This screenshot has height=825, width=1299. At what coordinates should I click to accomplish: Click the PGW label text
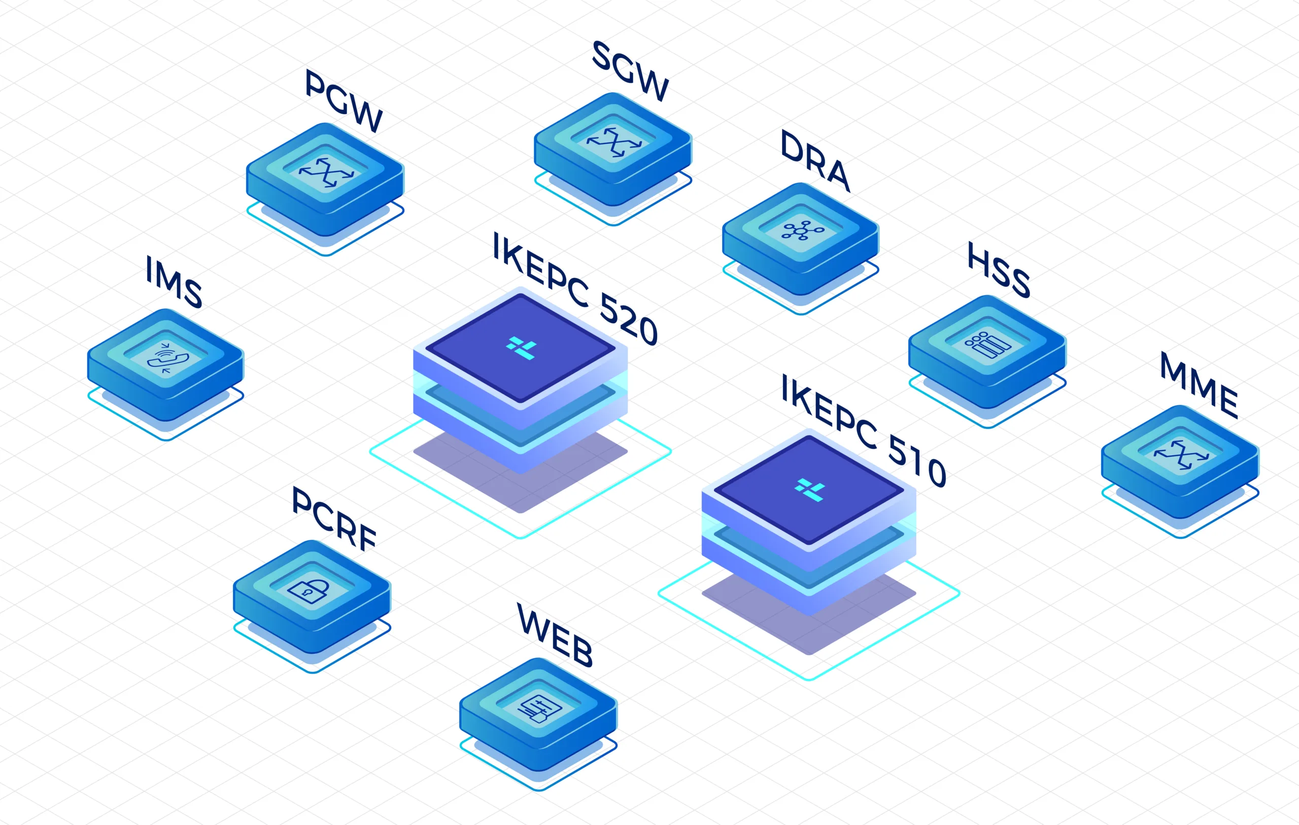[344, 101]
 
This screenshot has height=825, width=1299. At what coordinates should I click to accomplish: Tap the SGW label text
[630, 71]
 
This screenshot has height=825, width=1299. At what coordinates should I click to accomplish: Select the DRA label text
[815, 161]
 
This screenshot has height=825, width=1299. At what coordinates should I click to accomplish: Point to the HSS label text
[999, 270]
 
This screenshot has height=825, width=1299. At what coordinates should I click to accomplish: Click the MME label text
[1199, 385]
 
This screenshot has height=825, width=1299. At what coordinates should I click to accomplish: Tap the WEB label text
[555, 636]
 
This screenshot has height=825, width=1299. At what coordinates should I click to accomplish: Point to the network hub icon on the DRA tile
[803, 231]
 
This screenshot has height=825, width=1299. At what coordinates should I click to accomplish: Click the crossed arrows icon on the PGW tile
[326, 172]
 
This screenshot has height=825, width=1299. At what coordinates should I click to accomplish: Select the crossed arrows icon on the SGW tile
[614, 142]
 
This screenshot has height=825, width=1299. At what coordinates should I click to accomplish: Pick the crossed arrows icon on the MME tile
[1181, 454]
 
